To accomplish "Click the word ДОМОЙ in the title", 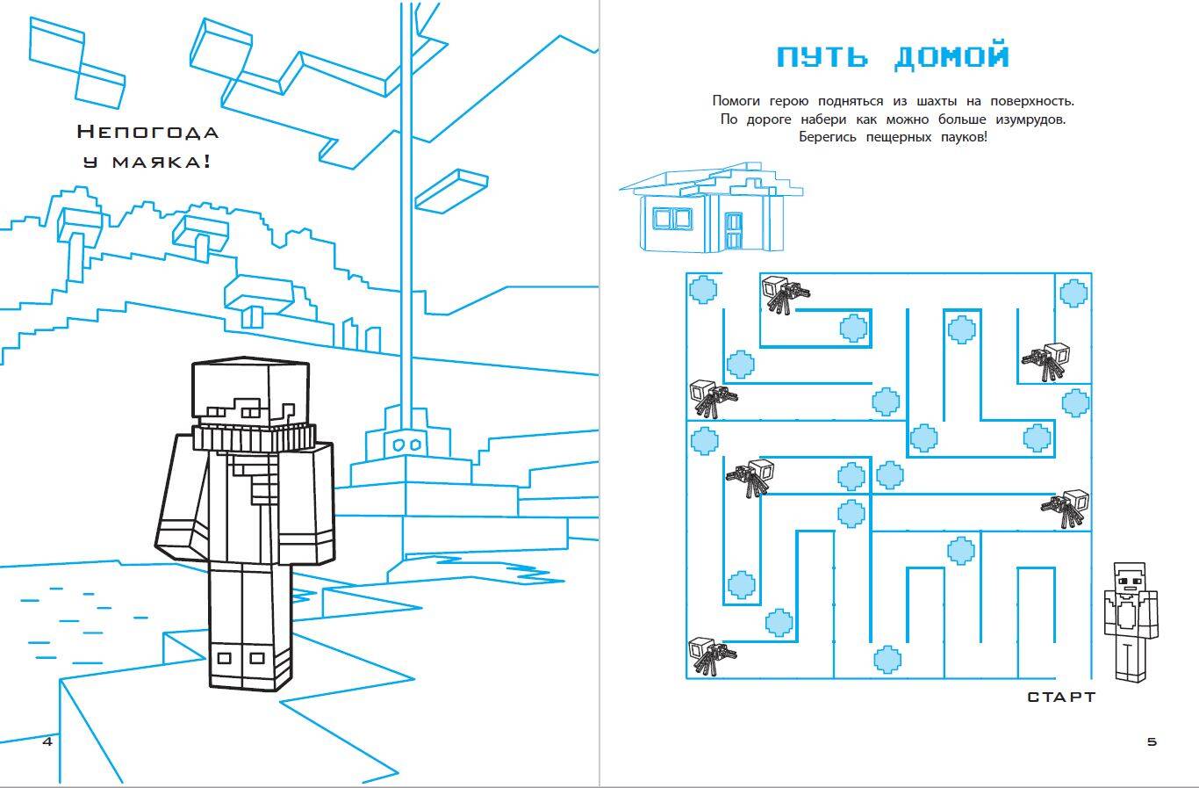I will [x=951, y=57].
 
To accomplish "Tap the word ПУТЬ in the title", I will [x=823, y=57].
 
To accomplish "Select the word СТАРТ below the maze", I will [x=1061, y=697].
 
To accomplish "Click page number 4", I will [x=47, y=741].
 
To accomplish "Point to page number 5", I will [x=1152, y=741].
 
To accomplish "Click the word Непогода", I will [x=147, y=133].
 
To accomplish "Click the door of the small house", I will [x=734, y=229].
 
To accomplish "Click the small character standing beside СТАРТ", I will [x=1131, y=620].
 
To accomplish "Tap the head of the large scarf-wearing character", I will [x=250, y=392].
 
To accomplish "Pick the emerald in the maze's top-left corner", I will [x=702, y=289].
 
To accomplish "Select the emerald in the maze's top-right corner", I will [x=1073, y=292].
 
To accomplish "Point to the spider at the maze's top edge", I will [x=780, y=293].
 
